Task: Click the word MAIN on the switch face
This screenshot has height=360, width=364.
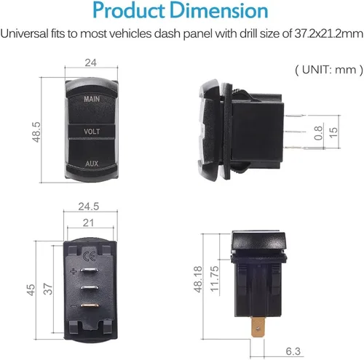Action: pyautogui.click(x=92, y=99)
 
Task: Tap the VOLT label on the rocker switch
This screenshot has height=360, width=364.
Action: pyautogui.click(x=92, y=132)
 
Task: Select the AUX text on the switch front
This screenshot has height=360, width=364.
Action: pyautogui.click(x=92, y=164)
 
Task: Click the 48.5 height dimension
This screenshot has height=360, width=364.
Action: pyautogui.click(x=36, y=132)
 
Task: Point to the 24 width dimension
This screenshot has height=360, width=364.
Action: pyautogui.click(x=91, y=63)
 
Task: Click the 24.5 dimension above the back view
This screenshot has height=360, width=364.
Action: pyautogui.click(x=89, y=207)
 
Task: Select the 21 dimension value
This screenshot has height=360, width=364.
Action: pyautogui.click(x=88, y=223)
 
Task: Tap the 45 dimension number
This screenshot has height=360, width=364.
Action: pyautogui.click(x=31, y=290)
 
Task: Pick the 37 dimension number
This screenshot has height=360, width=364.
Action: pyautogui.click(x=48, y=289)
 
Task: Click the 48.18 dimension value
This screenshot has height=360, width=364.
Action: pyautogui.click(x=198, y=279)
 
